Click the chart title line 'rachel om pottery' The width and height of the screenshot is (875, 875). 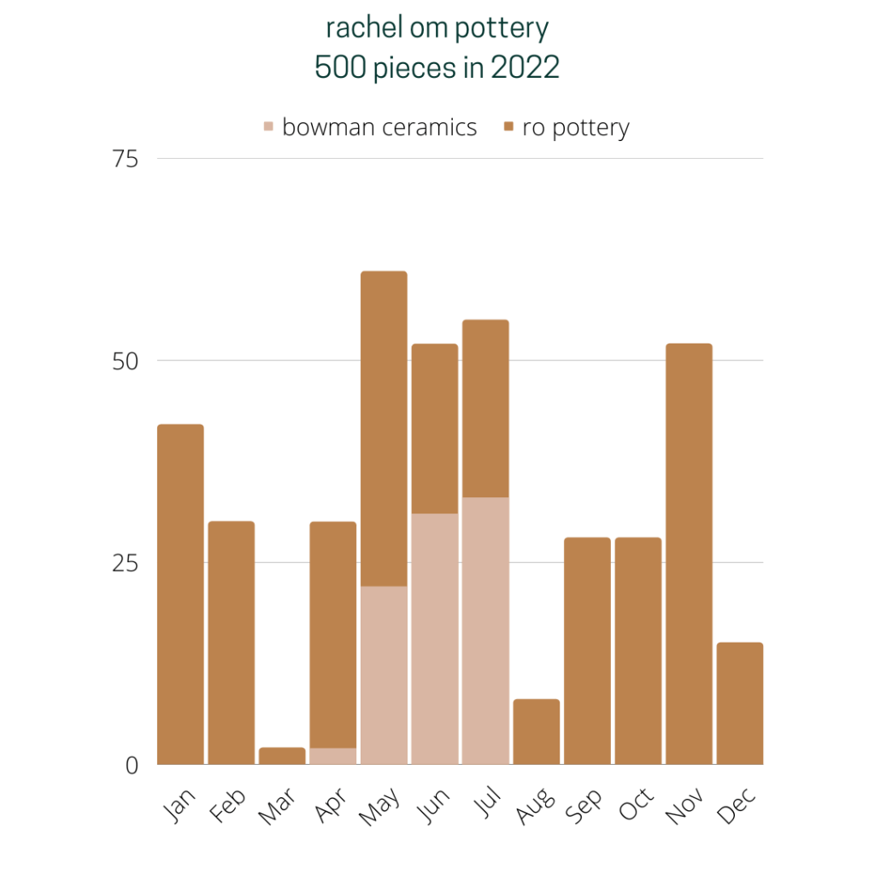437,28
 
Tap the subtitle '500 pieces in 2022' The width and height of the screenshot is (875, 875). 437,68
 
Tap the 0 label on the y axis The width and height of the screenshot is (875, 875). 132,766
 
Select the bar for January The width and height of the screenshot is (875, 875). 180,594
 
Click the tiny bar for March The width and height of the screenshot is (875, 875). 282,756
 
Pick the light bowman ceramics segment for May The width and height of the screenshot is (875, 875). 384,675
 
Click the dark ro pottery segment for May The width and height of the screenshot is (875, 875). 384,427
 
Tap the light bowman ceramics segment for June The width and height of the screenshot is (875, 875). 435,638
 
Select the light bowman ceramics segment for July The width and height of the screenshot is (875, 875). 485,631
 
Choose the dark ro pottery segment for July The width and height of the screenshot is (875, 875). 485,408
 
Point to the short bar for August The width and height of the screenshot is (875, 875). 537,732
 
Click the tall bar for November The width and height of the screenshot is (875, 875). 689,554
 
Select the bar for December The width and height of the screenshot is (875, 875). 740,703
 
